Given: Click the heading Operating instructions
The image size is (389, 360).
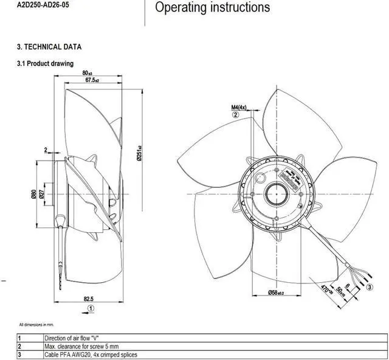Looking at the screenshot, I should tap(212, 8).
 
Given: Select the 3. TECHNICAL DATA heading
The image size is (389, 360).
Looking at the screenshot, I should tap(49, 47).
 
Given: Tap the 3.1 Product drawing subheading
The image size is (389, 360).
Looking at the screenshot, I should tap(45, 63).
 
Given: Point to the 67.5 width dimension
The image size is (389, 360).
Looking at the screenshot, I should tap(92, 80).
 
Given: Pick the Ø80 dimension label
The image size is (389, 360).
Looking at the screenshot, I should tap(34, 195).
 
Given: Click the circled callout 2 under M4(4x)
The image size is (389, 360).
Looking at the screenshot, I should tap(236, 115).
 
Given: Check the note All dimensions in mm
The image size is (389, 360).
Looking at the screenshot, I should tap(41, 326).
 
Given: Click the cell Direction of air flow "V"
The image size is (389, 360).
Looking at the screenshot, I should tap(74, 337).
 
